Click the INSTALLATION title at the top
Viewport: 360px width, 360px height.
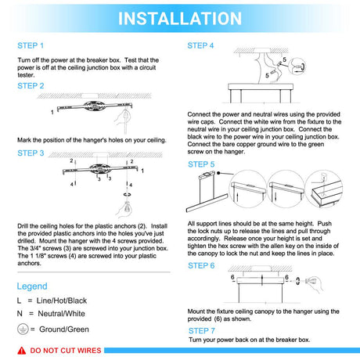180,19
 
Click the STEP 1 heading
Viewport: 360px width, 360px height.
31,45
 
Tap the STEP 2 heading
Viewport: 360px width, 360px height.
31,86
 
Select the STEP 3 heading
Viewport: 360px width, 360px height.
31,153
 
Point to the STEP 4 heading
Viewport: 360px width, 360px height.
200,45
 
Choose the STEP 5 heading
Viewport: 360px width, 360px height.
201,164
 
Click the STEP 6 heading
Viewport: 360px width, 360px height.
201,265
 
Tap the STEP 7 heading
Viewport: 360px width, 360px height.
202,331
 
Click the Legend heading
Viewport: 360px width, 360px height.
32,286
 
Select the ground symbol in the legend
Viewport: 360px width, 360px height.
23,329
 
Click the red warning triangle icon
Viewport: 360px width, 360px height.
22,351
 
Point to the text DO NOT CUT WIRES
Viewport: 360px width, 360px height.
66,351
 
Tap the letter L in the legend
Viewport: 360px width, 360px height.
19,301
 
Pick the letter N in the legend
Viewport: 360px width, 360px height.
20,314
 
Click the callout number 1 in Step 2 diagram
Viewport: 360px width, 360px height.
52,112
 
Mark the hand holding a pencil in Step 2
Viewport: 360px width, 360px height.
123,119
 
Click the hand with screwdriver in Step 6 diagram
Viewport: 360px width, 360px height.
314,283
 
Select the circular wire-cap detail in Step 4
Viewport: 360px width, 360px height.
297,67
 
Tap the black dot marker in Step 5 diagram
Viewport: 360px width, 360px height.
218,173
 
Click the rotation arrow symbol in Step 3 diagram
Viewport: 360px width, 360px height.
127,195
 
